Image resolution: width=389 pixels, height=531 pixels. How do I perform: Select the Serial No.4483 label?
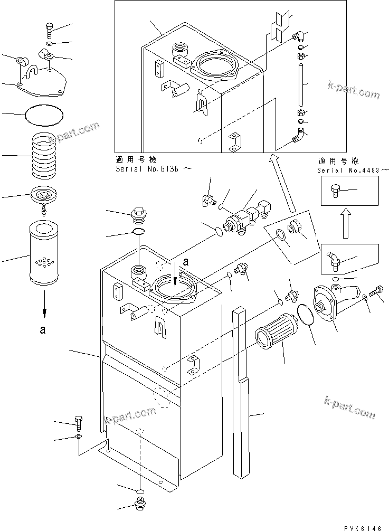coord(352,170)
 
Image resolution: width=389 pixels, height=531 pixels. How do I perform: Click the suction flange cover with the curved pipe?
coord(330,302)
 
